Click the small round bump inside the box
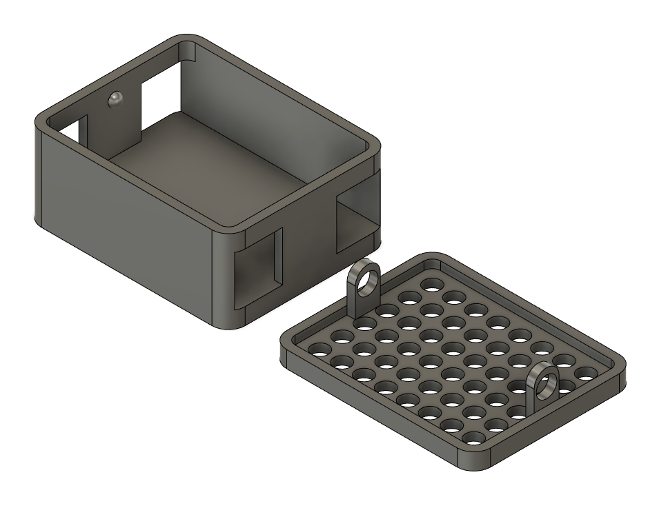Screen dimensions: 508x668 115,99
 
